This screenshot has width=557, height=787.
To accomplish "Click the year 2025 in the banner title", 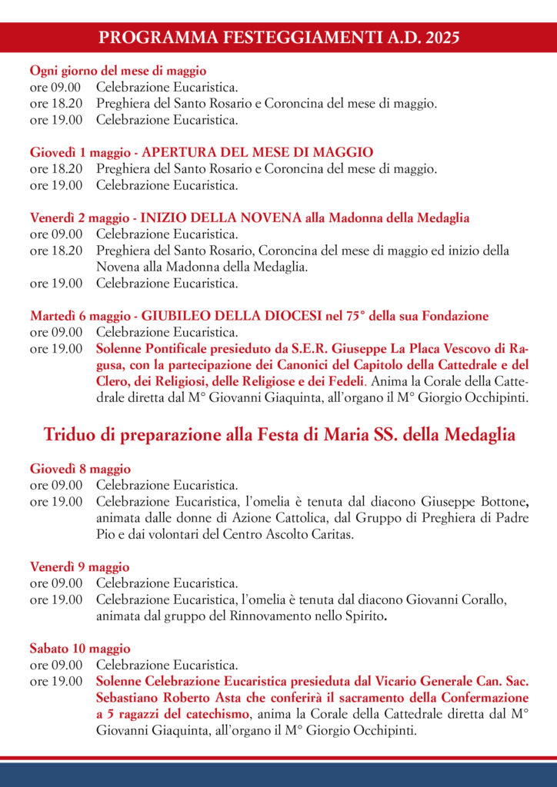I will [x=438, y=37].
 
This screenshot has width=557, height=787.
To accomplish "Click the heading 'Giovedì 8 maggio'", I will [x=81, y=469].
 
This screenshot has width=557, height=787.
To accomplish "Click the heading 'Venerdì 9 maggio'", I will [x=80, y=567].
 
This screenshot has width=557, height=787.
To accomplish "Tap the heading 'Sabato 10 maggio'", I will [x=81, y=649].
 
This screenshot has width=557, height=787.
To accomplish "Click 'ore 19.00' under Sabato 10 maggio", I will [x=56, y=682].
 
